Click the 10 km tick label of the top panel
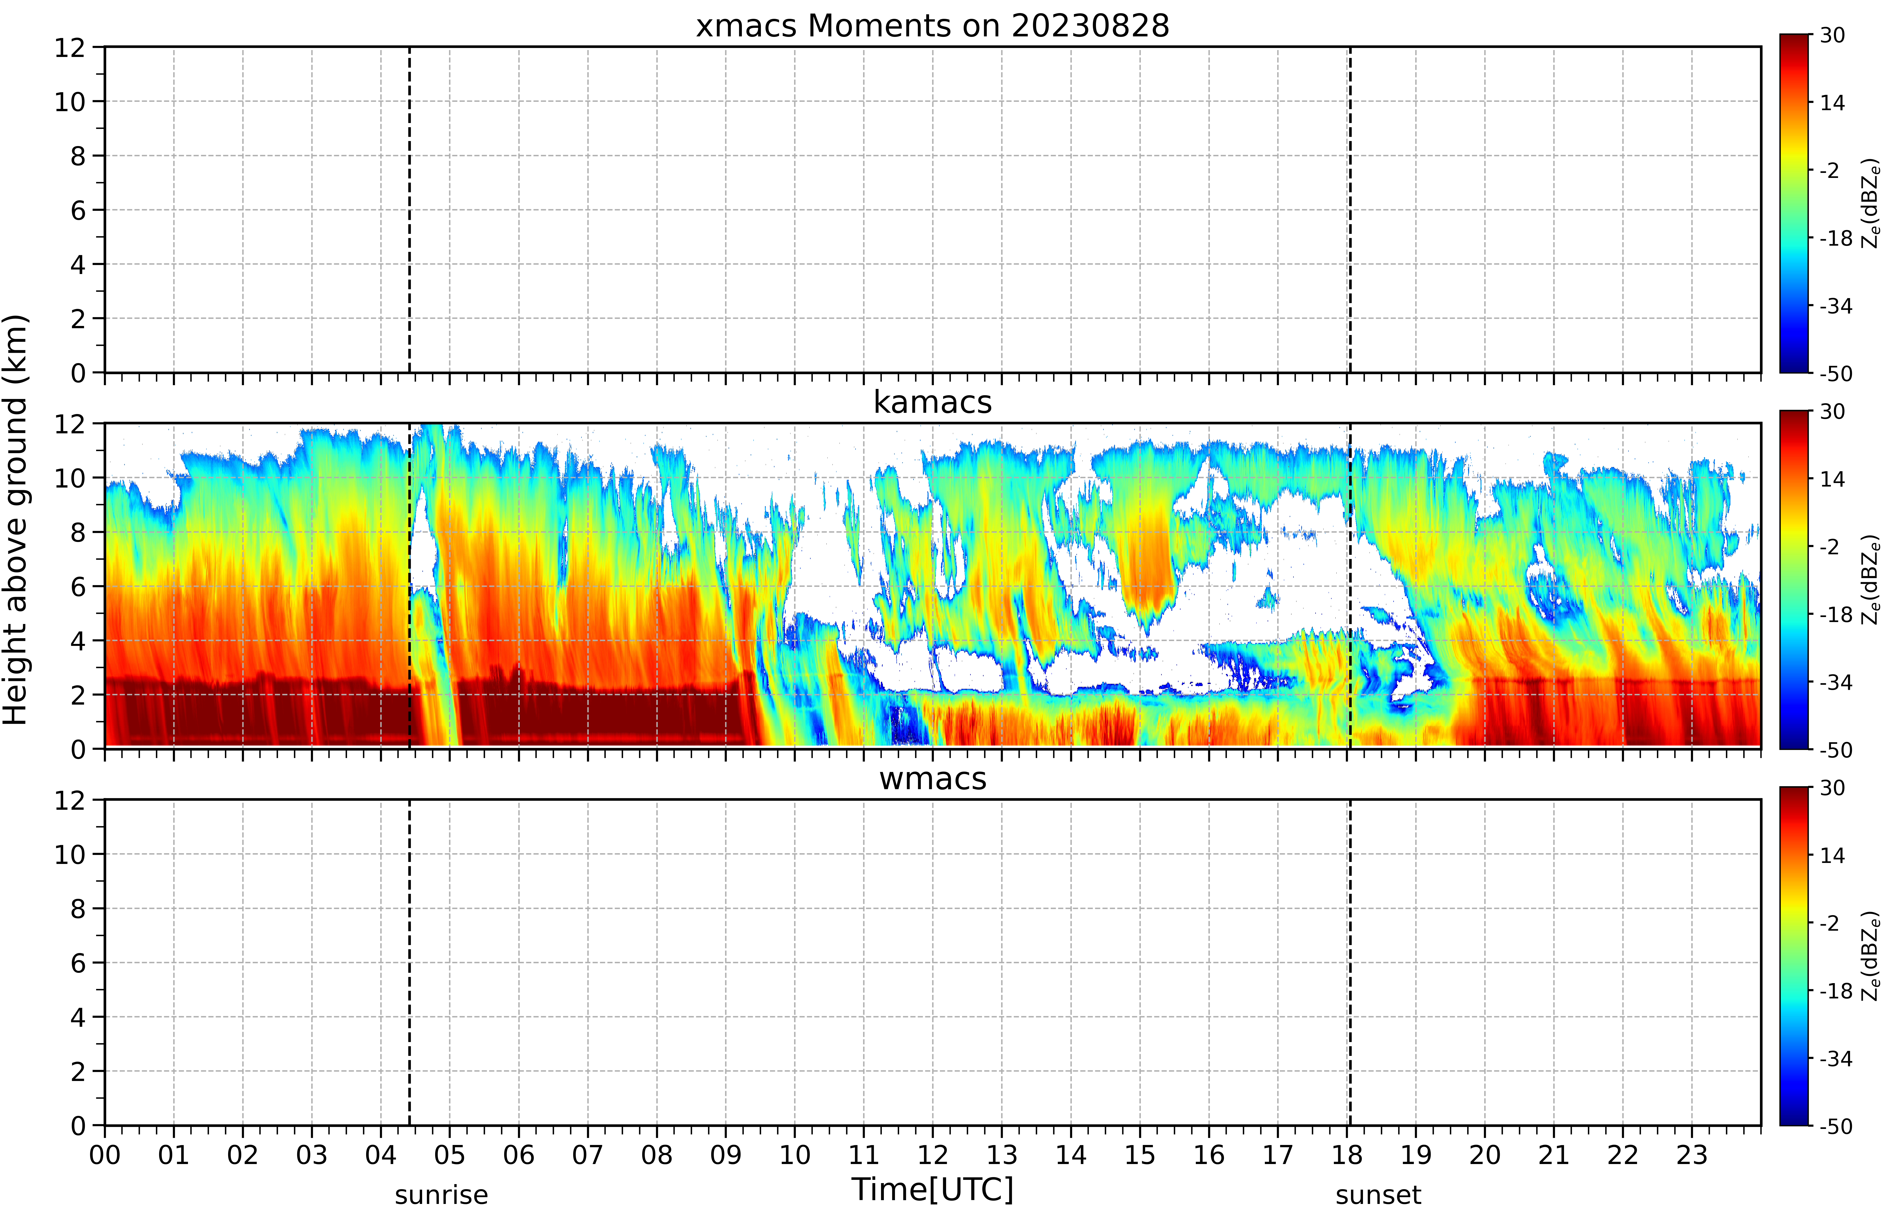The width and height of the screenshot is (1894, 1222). (x=70, y=102)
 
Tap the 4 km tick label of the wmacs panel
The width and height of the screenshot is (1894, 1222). (x=78, y=1017)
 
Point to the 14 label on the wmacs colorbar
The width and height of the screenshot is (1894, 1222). (x=1832, y=855)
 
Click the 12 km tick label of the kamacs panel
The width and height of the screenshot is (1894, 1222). (x=70, y=424)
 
